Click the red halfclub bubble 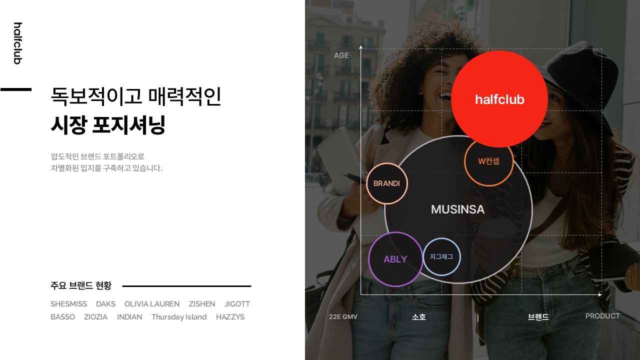pyautogui.click(x=499, y=99)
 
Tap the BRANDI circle pyautogui.click(x=387, y=183)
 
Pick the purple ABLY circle pyautogui.click(x=395, y=259)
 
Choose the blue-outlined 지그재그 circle pyautogui.click(x=441, y=256)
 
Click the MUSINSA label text pyautogui.click(x=457, y=209)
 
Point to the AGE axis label pyautogui.click(x=341, y=55)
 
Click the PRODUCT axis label pyautogui.click(x=602, y=316)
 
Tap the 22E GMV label pyautogui.click(x=343, y=316)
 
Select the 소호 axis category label pyautogui.click(x=419, y=316)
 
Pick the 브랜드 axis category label pyautogui.click(x=538, y=316)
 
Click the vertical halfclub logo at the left pyautogui.click(x=17, y=43)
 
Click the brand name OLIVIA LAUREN pyautogui.click(x=152, y=303)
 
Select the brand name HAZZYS pyautogui.click(x=230, y=317)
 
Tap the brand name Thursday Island pyautogui.click(x=179, y=317)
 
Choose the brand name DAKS pyautogui.click(x=105, y=303)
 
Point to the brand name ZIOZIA pyautogui.click(x=95, y=317)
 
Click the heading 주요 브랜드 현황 pyautogui.click(x=81, y=285)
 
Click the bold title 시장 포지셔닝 pyautogui.click(x=108, y=124)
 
